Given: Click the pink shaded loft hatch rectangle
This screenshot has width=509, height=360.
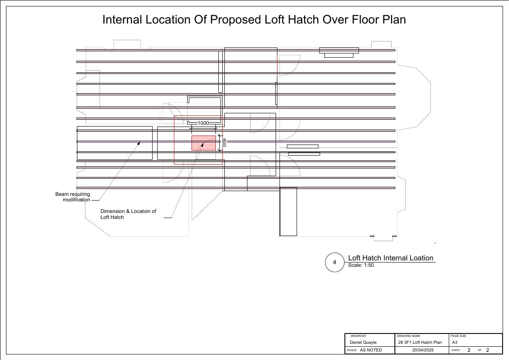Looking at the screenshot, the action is [203, 143].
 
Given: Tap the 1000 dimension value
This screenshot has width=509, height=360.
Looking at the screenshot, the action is [203, 124].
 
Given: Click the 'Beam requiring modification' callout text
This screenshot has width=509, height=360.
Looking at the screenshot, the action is [73, 197].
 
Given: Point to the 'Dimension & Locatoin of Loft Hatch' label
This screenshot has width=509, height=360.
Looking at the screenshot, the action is [128, 214].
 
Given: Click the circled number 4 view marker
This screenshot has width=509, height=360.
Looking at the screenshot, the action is [334, 262].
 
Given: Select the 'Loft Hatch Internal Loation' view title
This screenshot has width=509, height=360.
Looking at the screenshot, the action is [391, 258].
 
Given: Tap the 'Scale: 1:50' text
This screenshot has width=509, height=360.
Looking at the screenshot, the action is [361, 265].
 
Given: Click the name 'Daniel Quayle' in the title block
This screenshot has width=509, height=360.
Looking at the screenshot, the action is [363, 342].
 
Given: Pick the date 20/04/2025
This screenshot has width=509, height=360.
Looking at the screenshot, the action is [423, 350].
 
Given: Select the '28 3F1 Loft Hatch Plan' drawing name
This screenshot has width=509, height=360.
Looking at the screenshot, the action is [420, 342].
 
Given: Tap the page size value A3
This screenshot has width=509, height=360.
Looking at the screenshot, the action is [455, 342].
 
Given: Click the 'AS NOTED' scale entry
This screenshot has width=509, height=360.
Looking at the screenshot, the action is [371, 350].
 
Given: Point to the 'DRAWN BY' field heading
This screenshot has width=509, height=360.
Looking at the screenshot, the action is [359, 336].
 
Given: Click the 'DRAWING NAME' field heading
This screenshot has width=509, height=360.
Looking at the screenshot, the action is [409, 336].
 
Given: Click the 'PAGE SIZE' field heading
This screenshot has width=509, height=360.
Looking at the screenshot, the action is [459, 336].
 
